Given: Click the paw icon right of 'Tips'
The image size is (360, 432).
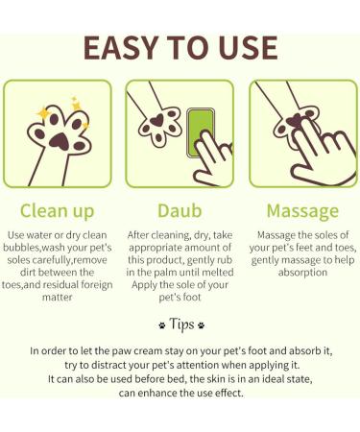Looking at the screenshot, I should click(x=201, y=324).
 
